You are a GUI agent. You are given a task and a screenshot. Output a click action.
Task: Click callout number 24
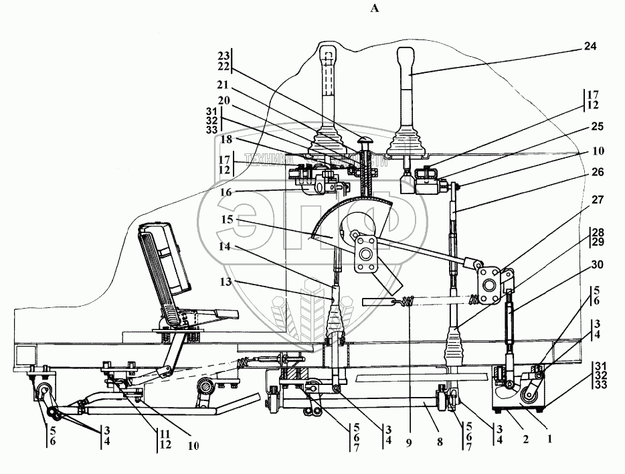(x=589, y=47)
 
